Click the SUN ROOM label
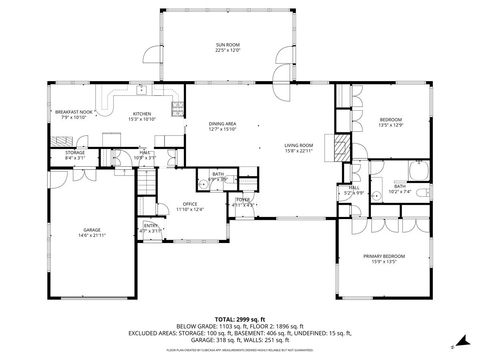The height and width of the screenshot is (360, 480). [x=228, y=45]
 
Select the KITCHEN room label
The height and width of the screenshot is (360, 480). [x=142, y=114]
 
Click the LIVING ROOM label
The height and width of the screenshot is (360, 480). [x=299, y=145]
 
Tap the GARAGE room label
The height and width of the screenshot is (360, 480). [x=92, y=229]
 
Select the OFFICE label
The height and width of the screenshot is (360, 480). [x=190, y=204]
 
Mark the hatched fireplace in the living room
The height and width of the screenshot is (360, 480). [x=342, y=150]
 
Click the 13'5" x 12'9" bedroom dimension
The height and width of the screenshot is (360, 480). [x=390, y=125]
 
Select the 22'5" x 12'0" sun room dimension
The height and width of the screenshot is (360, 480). [x=228, y=50]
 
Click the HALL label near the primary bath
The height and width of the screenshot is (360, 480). [x=354, y=187]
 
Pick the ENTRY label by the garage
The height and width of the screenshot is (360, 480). [x=150, y=226]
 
